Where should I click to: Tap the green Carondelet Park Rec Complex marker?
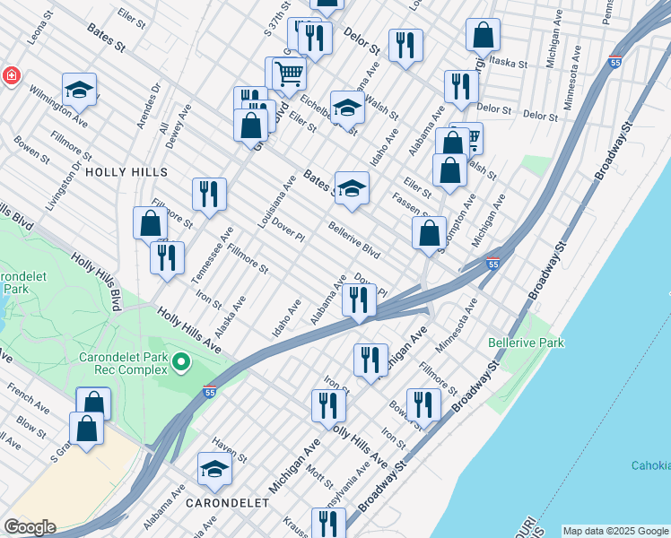pos(181,362)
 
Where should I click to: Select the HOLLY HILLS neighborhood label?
pos(126,171)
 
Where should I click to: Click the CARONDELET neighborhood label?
pos(227,503)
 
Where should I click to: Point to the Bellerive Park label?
pos(526,343)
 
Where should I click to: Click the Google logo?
pos(30,527)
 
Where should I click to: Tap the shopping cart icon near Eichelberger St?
pos(289,72)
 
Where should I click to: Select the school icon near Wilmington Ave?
pos(79,89)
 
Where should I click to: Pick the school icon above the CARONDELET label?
pos(214,469)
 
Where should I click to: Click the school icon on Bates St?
pos(353,188)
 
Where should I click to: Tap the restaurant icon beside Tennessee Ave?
pos(209,195)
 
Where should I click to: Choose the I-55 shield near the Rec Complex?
pos(210,391)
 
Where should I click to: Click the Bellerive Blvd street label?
pos(354,240)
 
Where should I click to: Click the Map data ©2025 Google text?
pos(615,531)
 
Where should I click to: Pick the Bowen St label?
pos(32,150)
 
